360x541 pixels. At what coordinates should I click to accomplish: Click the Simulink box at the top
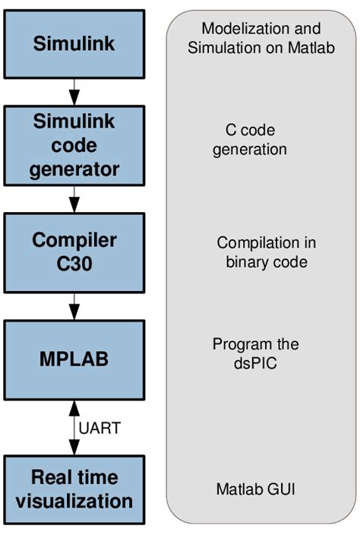click(74, 43)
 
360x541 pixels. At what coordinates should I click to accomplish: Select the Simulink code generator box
click(74, 144)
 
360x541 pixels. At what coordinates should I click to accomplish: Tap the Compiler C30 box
click(74, 252)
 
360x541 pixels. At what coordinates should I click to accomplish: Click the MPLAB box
click(74, 359)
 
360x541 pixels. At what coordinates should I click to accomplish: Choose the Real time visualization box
click(74, 489)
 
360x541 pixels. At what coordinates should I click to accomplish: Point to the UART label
click(99, 428)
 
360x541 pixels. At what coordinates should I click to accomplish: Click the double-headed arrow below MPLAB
click(74, 427)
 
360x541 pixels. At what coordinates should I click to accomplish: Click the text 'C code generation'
click(250, 140)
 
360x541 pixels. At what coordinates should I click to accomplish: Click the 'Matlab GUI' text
click(254, 489)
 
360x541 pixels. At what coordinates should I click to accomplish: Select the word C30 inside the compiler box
click(74, 264)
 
